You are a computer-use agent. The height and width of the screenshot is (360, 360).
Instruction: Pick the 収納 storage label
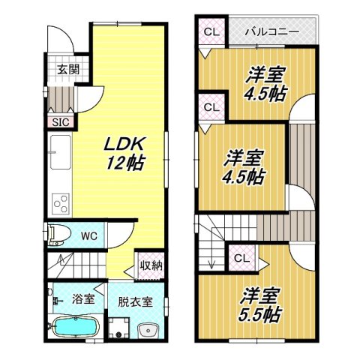click(152, 266)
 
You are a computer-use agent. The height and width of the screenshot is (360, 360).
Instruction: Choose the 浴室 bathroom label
click(82, 298)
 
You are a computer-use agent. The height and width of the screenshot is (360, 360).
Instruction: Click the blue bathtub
click(75, 327)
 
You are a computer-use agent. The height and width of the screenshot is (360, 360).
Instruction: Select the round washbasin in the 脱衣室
click(148, 330)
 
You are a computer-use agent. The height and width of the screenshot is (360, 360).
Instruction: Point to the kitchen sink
click(59, 153)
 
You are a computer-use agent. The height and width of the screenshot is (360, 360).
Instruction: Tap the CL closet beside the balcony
click(211, 33)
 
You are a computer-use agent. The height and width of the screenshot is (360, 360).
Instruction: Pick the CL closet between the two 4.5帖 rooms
click(211, 108)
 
